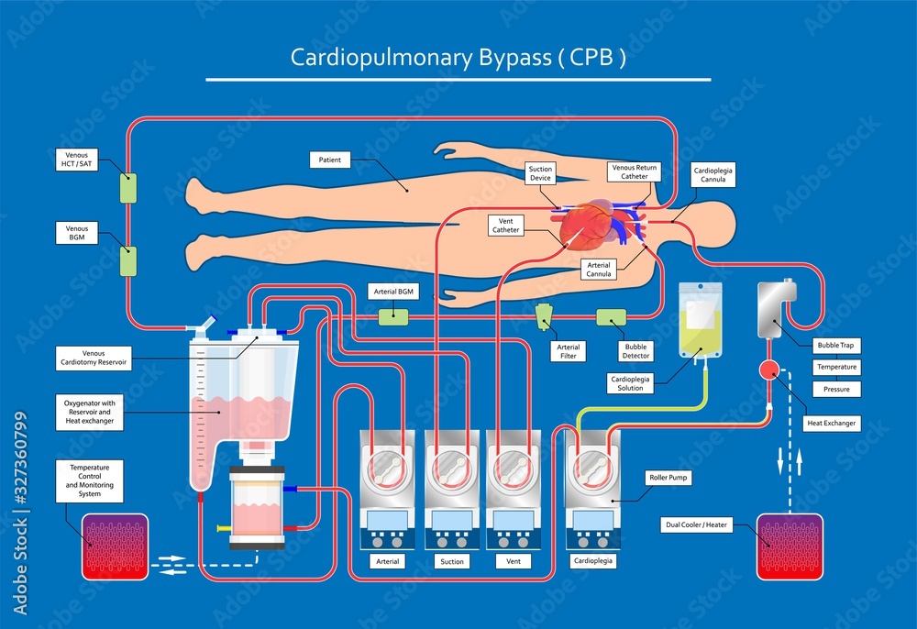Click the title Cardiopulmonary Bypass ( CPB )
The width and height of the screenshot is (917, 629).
tap(458, 57)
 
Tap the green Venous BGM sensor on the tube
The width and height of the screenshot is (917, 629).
tap(128, 261)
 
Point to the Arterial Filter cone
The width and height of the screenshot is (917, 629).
tap(545, 316)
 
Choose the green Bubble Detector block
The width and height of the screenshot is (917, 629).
tap(611, 318)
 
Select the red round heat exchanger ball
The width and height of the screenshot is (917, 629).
tap(768, 370)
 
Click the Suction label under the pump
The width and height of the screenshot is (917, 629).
tap(450, 560)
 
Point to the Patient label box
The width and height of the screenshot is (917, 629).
tap(330, 160)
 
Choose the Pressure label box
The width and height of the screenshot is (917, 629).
tap(837, 389)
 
